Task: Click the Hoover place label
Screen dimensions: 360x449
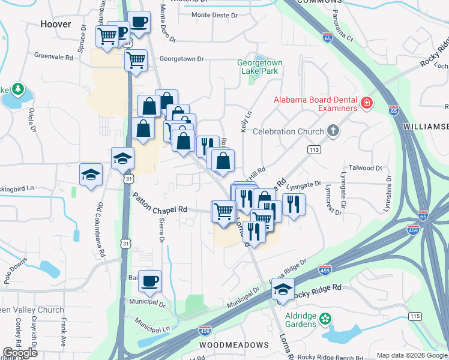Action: [x=55, y=25]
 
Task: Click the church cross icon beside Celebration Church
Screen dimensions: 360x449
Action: [x=334, y=131]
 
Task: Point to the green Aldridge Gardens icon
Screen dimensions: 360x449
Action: [x=325, y=317]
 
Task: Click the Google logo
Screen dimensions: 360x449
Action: [x=20, y=353]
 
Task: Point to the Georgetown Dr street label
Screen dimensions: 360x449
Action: [x=182, y=59]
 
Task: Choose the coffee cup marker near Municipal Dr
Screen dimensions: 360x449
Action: [x=149, y=280]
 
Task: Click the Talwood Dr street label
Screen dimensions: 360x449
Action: [x=365, y=169]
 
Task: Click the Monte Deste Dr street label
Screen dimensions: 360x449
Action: [x=215, y=14]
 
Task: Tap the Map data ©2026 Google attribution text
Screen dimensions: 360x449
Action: [x=411, y=355]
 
